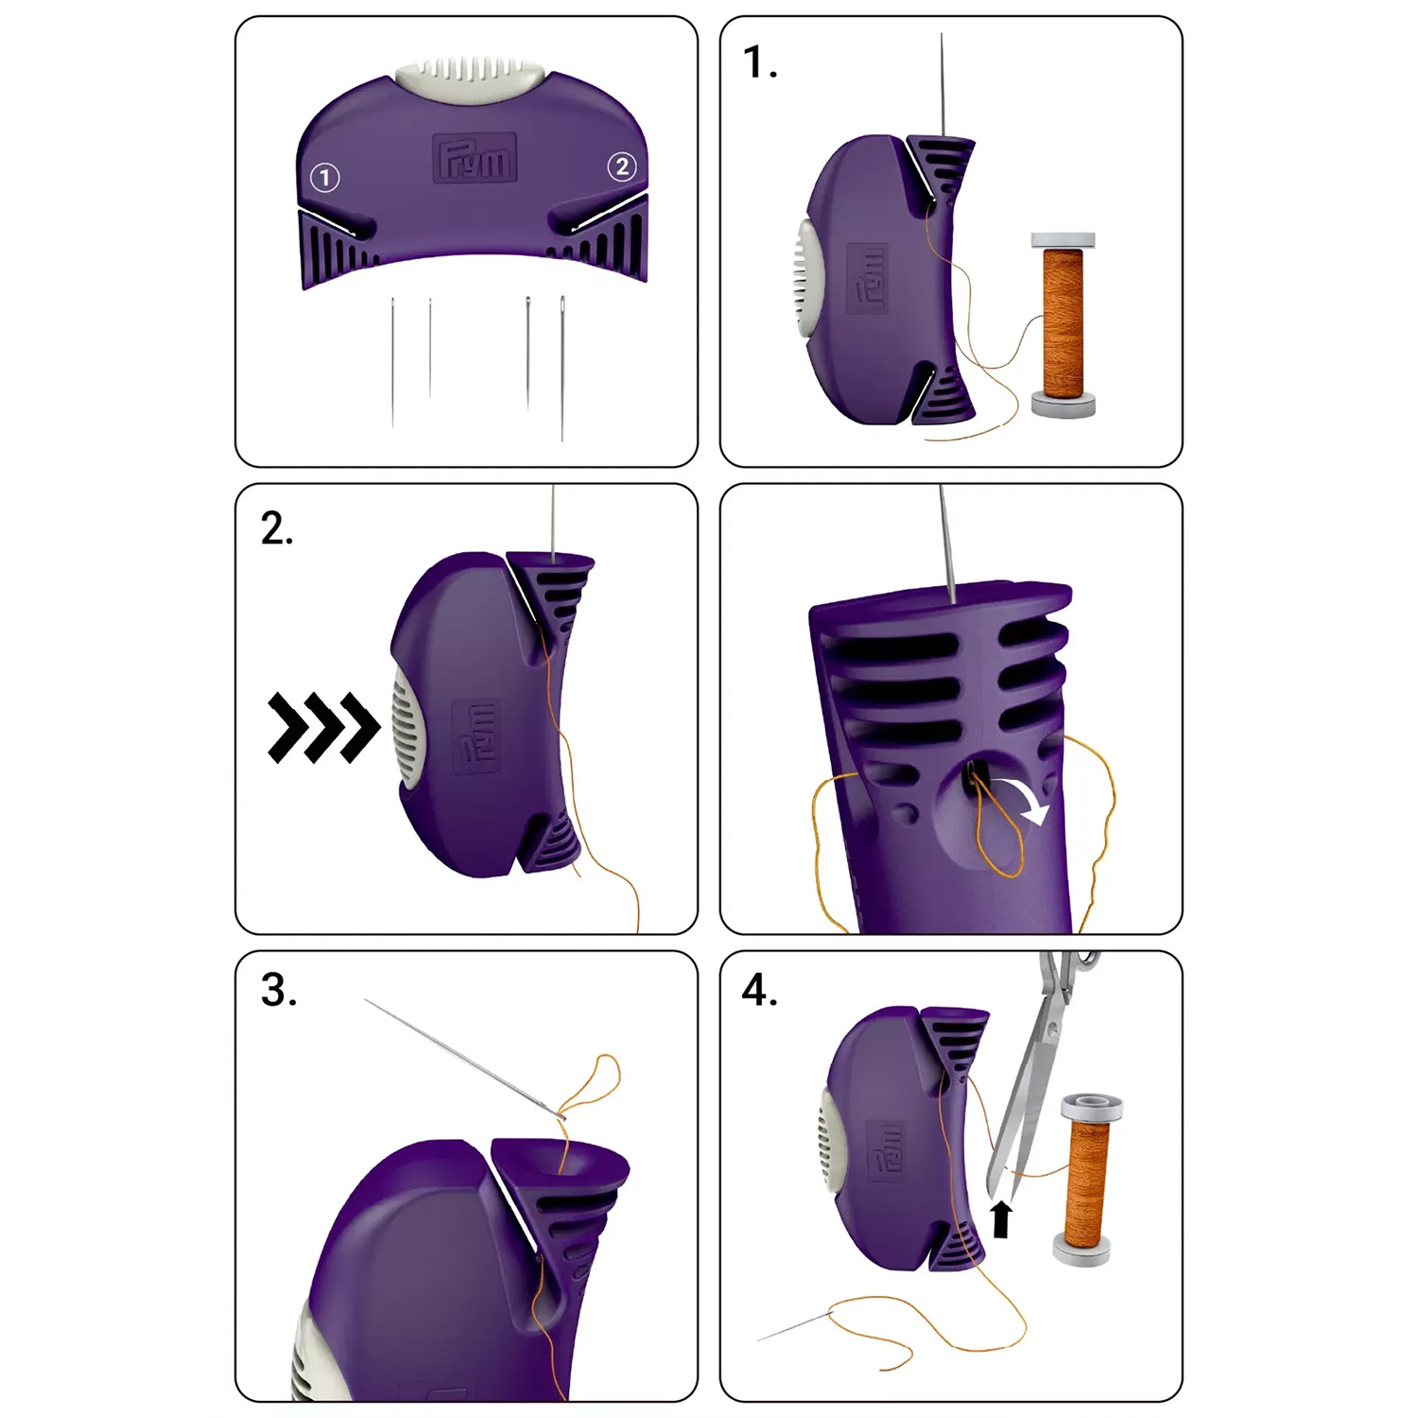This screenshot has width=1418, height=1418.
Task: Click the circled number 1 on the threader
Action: [325, 177]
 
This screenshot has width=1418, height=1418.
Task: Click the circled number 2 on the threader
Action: [621, 167]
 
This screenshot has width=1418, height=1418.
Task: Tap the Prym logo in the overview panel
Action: [476, 158]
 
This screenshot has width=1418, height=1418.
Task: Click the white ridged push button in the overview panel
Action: [470, 74]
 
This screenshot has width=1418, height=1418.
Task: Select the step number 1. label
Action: [760, 62]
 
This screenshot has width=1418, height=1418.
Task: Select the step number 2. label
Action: [277, 528]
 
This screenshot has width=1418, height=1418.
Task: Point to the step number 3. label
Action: [278, 990]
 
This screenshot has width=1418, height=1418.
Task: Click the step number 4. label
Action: [760, 990]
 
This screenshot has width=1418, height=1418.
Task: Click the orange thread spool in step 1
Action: [1063, 324]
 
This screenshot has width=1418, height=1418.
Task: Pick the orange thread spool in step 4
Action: [1088, 1180]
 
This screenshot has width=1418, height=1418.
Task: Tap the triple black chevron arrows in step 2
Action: [323, 727]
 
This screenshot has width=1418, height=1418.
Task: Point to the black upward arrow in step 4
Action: [1002, 1219]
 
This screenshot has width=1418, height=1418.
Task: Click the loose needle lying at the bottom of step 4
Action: [794, 1326]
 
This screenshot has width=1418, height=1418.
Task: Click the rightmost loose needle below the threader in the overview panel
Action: [562, 369]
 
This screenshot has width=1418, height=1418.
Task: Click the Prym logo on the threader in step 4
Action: [888, 1150]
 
